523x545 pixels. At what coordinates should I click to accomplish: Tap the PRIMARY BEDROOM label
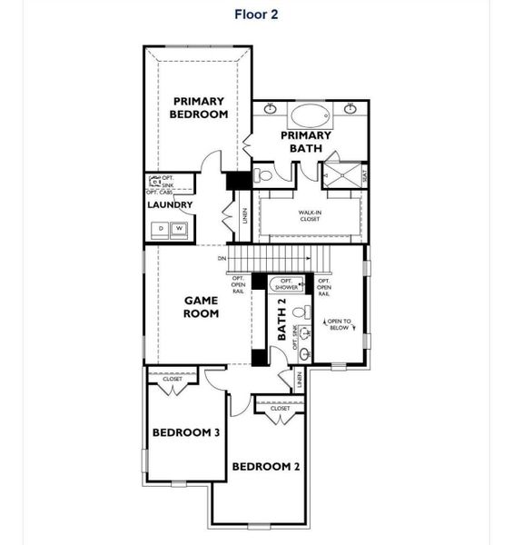tap(199, 107)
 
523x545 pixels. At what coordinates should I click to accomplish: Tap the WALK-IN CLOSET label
tap(310, 215)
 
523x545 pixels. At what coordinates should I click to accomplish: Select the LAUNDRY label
tap(170, 205)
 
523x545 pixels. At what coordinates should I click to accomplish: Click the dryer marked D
tap(162, 228)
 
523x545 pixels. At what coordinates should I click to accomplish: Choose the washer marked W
tap(180, 228)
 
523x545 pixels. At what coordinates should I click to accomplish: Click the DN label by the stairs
tap(222, 259)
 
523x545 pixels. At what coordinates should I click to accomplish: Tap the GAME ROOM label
tap(202, 307)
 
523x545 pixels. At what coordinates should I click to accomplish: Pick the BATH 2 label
tap(281, 320)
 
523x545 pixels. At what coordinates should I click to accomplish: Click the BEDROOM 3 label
tap(186, 433)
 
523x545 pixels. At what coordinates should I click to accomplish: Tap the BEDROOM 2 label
tap(266, 467)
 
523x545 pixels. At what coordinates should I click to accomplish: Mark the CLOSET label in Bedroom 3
tap(173, 379)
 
